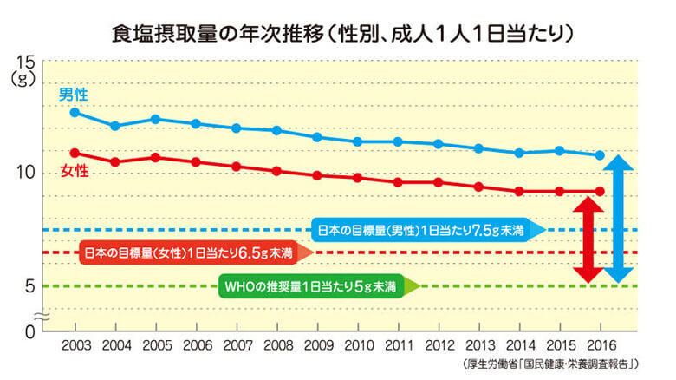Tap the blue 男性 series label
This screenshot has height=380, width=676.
tap(72, 95)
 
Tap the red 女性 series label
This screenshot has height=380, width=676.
tap(74, 170)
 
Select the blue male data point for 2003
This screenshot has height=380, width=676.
tap(75, 112)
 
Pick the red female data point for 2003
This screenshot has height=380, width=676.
tap(75, 153)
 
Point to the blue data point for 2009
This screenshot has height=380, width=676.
tap(316, 137)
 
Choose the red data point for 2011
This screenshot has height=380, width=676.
tap(397, 182)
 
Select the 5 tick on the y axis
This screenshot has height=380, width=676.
tap(28, 285)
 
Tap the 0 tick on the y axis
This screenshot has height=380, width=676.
tap(28, 331)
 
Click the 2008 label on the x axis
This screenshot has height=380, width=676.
tap(276, 344)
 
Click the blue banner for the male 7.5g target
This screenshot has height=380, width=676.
tap(425, 230)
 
